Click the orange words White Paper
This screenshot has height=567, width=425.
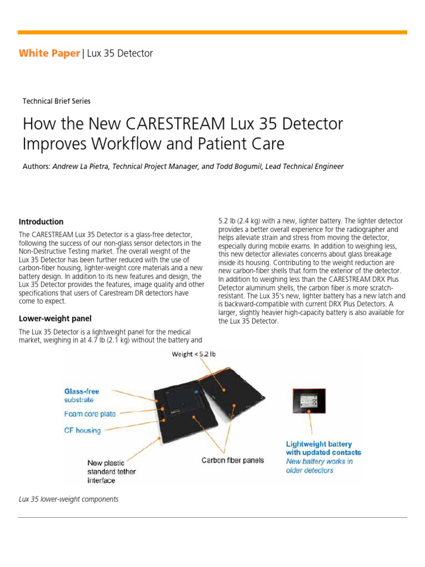tap(49, 54)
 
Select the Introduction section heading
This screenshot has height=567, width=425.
tap(41, 221)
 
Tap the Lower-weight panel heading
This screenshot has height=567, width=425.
tap(55, 318)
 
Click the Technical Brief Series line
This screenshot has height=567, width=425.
tap(56, 101)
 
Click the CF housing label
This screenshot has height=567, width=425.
tap(82, 430)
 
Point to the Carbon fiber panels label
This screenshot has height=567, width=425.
tap(232, 460)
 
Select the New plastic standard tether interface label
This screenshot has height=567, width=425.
tap(111, 471)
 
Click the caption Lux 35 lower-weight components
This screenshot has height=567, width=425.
tap(69, 499)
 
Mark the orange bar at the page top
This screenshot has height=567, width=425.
tap(212, 32)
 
